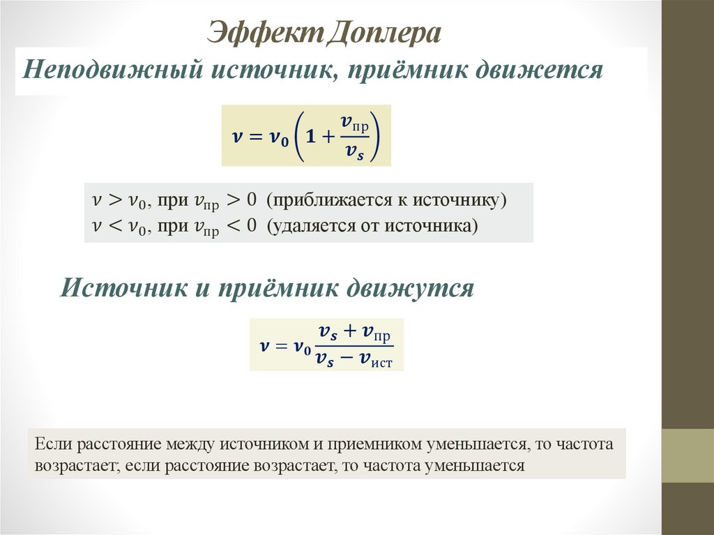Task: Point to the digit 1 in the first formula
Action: pos(312,137)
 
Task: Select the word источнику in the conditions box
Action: pos(459,200)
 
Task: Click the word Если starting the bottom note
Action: pos(50,444)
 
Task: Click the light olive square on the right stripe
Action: pos(688,455)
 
